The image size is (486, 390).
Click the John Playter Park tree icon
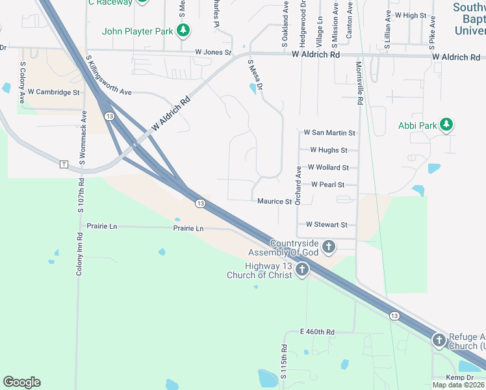click(x=184, y=31)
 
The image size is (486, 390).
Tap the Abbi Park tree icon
click(x=446, y=124)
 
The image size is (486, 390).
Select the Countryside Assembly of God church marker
click(x=329, y=247)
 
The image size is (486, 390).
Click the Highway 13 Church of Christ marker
click(x=301, y=270)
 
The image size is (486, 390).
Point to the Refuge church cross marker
click(x=439, y=340)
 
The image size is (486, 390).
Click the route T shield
click(x=64, y=164)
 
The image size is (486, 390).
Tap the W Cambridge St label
click(x=53, y=92)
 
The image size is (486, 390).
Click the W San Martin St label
click(x=330, y=133)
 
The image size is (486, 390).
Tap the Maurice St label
click(x=274, y=201)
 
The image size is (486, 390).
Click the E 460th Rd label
click(x=317, y=332)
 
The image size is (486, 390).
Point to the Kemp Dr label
click(x=459, y=378)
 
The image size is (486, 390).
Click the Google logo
click(x=21, y=382)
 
